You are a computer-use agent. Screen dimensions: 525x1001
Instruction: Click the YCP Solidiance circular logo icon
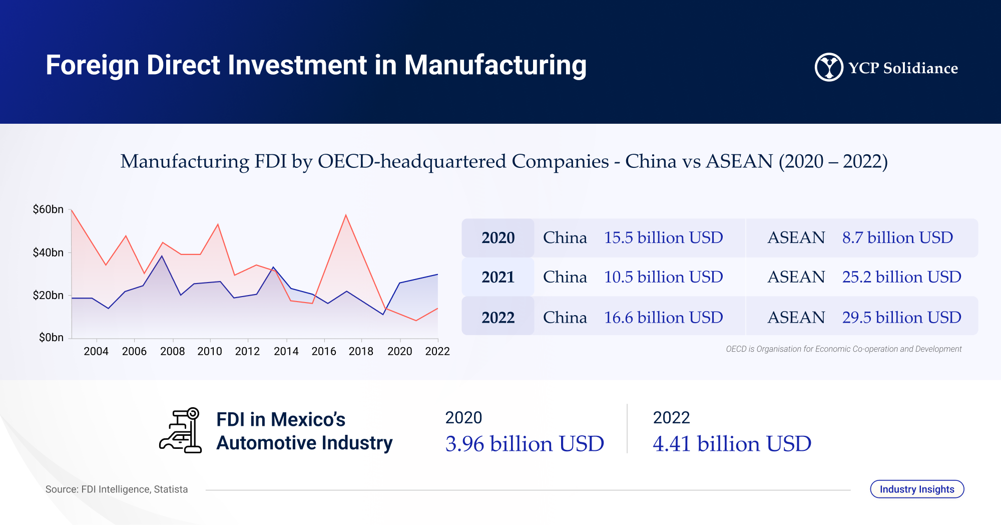(828, 67)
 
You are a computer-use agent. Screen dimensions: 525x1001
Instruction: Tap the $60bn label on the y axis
(48, 209)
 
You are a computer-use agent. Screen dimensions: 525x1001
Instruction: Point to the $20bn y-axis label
(48, 296)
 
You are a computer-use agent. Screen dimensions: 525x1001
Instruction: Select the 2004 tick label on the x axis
(96, 351)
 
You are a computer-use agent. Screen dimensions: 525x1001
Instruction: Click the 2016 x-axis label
(324, 351)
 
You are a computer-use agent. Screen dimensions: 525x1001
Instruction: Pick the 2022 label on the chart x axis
(437, 351)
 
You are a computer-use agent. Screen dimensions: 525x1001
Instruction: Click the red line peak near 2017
(346, 215)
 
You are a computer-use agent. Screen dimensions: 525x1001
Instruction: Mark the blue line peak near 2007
(162, 256)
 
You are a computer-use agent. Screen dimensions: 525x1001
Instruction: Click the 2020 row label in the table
(498, 238)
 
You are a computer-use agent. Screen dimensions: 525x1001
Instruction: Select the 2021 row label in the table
(498, 277)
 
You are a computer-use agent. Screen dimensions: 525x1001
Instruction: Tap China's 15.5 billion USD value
(663, 237)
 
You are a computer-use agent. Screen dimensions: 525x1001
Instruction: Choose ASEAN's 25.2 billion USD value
(901, 277)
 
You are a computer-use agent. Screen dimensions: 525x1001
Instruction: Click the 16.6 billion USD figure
(663, 318)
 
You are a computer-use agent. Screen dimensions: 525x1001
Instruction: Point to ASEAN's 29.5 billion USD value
(901, 318)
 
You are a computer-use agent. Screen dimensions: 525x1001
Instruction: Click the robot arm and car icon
(181, 430)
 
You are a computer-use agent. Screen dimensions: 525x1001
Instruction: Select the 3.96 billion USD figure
(525, 444)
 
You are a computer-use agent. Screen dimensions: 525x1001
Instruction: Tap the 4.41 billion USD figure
(732, 444)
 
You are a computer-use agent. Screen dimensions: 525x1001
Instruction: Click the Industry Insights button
(917, 489)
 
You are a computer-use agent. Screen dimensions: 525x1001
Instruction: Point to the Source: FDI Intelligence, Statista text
(117, 489)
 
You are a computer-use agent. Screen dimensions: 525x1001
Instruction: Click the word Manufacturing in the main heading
(495, 66)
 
